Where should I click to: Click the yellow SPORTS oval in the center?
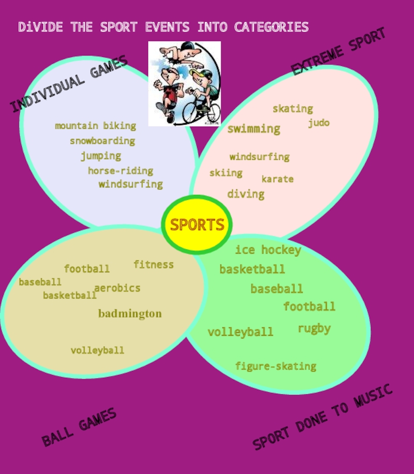197,225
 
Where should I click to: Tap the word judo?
319,123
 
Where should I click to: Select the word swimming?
254,129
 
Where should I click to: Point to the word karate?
277,179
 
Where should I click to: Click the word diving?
246,194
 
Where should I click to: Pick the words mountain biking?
95,126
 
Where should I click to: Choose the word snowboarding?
102,141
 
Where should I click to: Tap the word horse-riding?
121,171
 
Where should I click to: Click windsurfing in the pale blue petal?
130,184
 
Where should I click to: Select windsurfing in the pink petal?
259,157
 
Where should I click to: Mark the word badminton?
130,314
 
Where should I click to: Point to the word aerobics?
117,288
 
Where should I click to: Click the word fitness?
154,264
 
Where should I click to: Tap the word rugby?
314,329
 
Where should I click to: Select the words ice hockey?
268,250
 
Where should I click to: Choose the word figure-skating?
276,366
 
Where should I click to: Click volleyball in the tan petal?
97,350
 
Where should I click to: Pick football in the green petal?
309,306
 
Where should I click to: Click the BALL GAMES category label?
79,427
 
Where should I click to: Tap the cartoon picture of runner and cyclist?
185,84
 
